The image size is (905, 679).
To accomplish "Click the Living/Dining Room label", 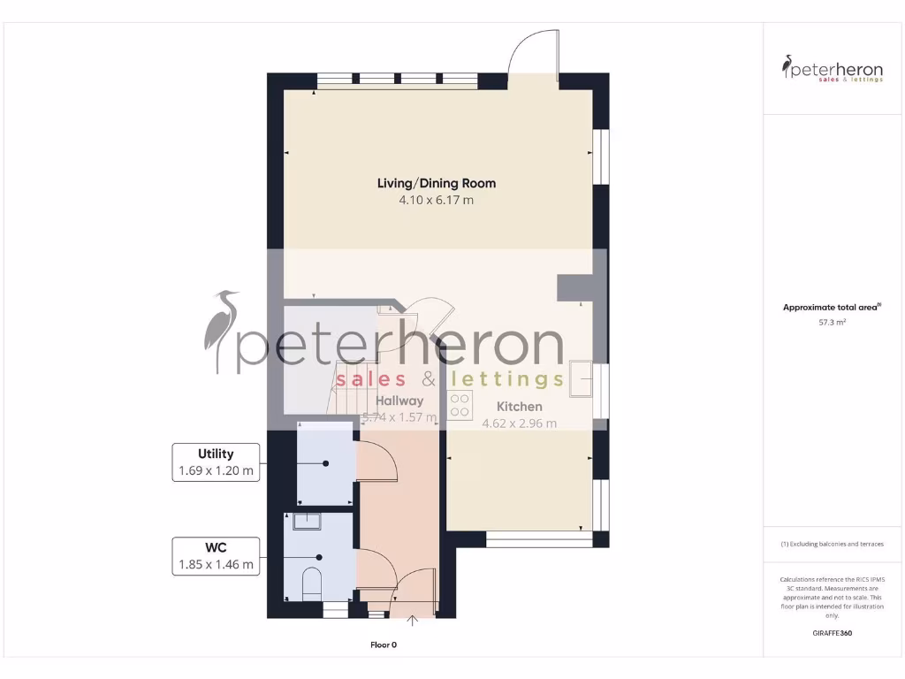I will coord(437,183).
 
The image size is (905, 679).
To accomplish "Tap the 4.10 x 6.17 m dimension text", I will coord(437,201).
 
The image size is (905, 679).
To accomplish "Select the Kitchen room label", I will coord(519,407).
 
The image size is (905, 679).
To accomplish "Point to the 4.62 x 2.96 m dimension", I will coord(519,423).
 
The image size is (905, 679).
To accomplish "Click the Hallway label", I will coord(399,401).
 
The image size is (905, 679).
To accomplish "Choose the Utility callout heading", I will coord(216,454).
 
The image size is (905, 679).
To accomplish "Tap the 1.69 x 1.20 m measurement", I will coord(216,471).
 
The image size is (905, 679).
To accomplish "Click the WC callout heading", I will coord(216,547).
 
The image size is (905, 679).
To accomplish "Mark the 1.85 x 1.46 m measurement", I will coord(216,564).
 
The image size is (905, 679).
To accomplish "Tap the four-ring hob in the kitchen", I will coord(460,405).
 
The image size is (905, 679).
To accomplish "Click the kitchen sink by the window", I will coord(582,380).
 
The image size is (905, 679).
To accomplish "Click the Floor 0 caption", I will coord(384,645).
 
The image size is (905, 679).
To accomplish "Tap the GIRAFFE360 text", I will coord(832,633).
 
